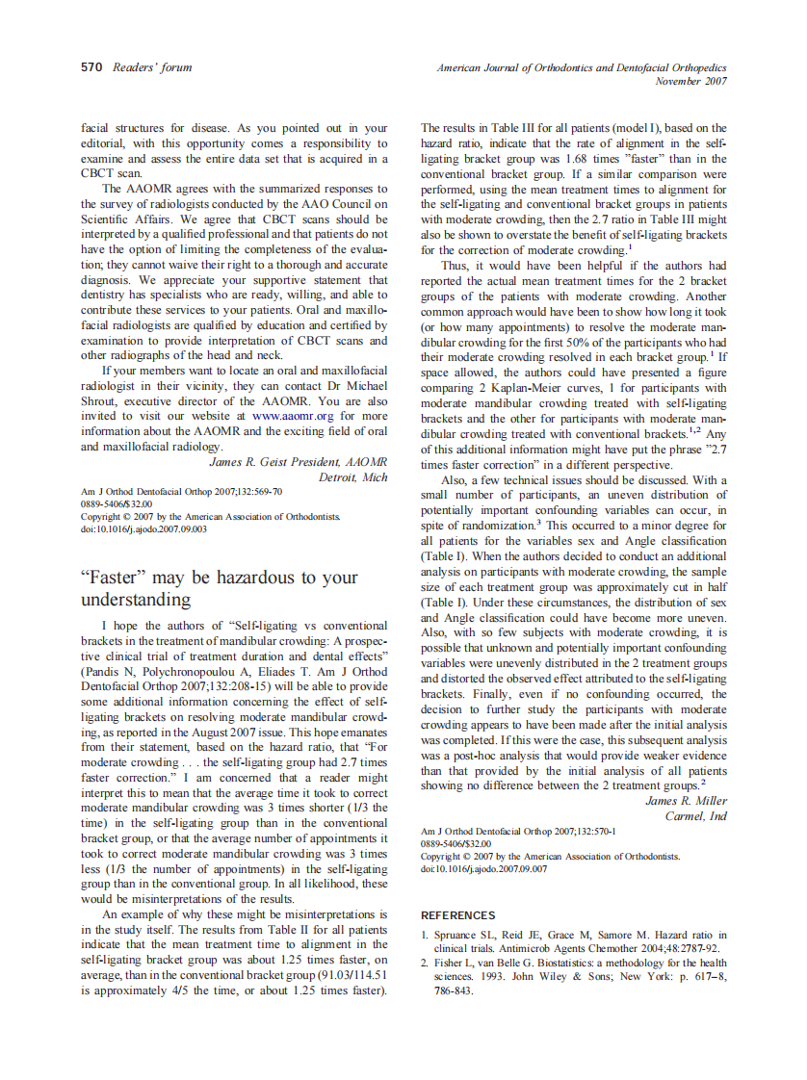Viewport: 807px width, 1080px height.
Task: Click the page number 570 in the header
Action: (91, 67)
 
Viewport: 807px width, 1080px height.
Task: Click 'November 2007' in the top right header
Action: (690, 82)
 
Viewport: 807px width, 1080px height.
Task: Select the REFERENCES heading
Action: (458, 915)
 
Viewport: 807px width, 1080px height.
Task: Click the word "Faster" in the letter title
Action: (113, 578)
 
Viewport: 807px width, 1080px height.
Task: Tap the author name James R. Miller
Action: (686, 801)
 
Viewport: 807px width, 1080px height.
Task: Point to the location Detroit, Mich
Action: (352, 477)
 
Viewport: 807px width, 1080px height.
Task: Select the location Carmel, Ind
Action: (695, 816)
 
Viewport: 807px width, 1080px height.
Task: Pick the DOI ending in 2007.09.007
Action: (483, 868)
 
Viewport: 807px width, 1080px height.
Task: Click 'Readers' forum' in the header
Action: (152, 67)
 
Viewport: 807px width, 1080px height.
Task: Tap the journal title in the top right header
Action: (582, 68)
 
